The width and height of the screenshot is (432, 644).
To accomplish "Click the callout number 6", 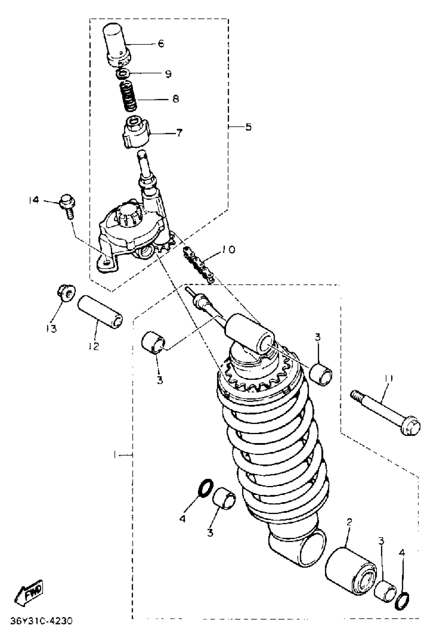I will (161, 43).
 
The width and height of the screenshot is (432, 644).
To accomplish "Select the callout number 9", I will (168, 74).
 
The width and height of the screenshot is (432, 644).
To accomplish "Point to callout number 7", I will (179, 133).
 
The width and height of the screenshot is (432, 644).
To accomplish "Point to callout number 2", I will (349, 522).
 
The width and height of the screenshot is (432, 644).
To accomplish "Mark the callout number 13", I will (52, 328).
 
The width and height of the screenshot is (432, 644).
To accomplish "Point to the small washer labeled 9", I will (123, 74).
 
